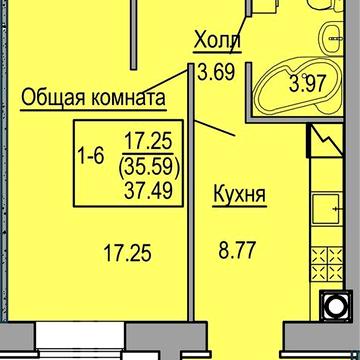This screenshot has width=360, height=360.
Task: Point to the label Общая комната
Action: (91, 99)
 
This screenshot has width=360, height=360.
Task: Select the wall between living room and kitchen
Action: (191, 230)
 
